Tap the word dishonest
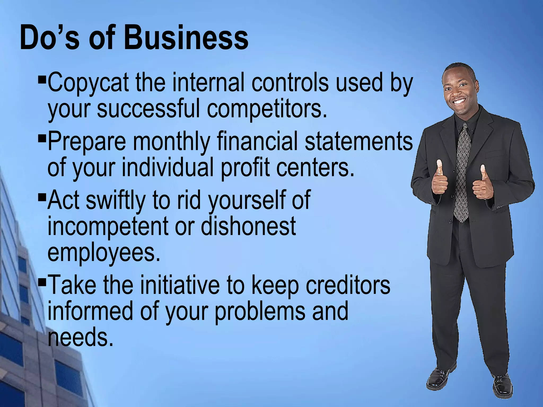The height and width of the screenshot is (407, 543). [248, 226]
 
